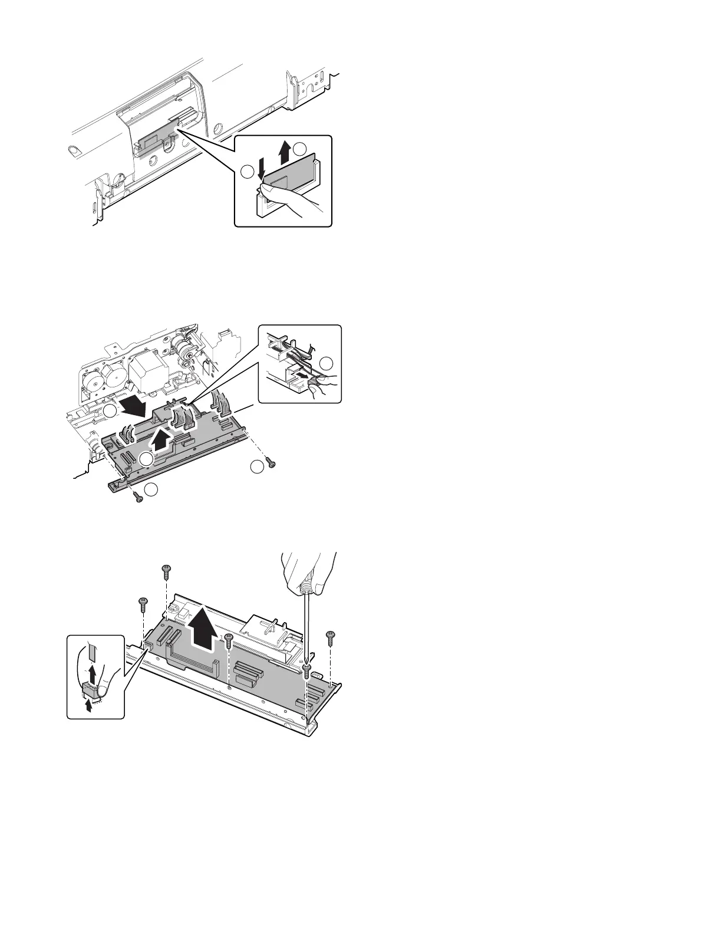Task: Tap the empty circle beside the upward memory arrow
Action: pyautogui.click(x=301, y=149)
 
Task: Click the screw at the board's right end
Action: pyautogui.click(x=271, y=463)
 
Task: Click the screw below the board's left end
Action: pyautogui.click(x=139, y=498)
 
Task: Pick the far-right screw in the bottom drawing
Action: pyautogui.click(x=330, y=636)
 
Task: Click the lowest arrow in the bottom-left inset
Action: pyautogui.click(x=88, y=708)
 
